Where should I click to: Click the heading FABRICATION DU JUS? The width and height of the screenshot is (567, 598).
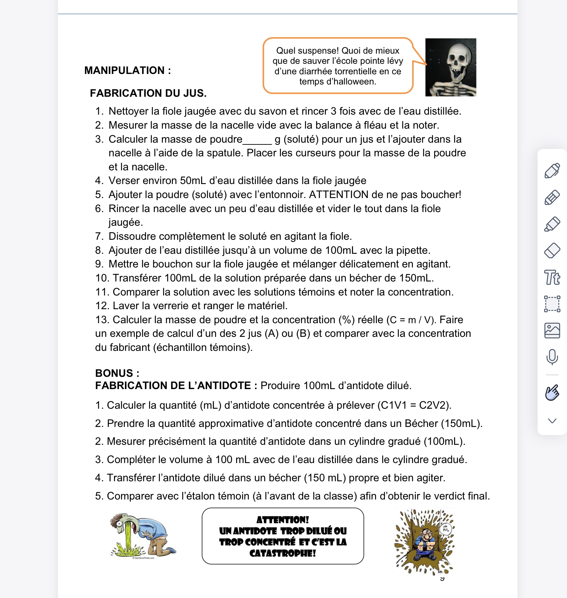click(x=148, y=93)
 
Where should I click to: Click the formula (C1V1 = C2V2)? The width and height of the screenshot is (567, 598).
click(x=414, y=405)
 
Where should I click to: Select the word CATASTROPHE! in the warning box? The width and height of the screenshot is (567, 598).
click(x=283, y=553)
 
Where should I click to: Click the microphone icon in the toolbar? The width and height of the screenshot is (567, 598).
click(x=552, y=357)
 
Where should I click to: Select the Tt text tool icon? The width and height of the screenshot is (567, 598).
click(x=552, y=277)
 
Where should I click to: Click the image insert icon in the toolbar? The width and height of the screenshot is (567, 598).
click(x=552, y=330)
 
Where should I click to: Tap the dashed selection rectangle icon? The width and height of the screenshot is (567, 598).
click(x=552, y=304)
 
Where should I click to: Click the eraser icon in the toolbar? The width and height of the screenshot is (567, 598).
click(x=552, y=251)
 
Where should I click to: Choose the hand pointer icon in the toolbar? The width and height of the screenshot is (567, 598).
click(x=552, y=393)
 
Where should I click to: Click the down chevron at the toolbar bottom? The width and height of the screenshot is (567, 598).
click(x=552, y=421)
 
